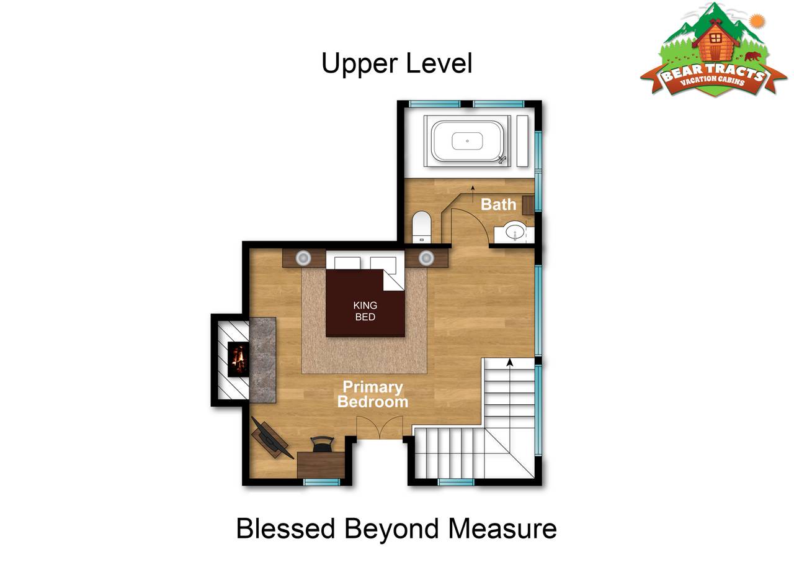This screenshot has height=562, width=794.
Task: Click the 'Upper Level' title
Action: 396,63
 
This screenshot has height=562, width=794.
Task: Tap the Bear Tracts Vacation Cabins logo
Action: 713,50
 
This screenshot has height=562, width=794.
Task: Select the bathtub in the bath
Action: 468,141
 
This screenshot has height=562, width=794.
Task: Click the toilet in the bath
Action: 421,227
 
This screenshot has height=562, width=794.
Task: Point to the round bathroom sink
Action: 515,232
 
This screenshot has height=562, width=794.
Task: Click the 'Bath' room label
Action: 498,204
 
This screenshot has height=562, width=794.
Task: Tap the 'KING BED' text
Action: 365,310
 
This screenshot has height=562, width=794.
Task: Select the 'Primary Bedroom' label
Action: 373,394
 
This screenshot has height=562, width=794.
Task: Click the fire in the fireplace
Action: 238,359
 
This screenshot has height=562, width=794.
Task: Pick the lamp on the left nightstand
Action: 303,258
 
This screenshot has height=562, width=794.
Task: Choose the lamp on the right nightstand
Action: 426,258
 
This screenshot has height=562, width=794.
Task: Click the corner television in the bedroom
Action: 271,439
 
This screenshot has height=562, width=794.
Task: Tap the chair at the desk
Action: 322,444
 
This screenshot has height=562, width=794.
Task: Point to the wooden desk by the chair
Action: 321,465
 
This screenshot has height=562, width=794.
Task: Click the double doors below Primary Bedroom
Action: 380,427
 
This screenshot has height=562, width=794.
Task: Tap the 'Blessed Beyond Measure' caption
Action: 396,528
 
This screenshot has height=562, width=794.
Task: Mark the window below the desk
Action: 321,482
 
